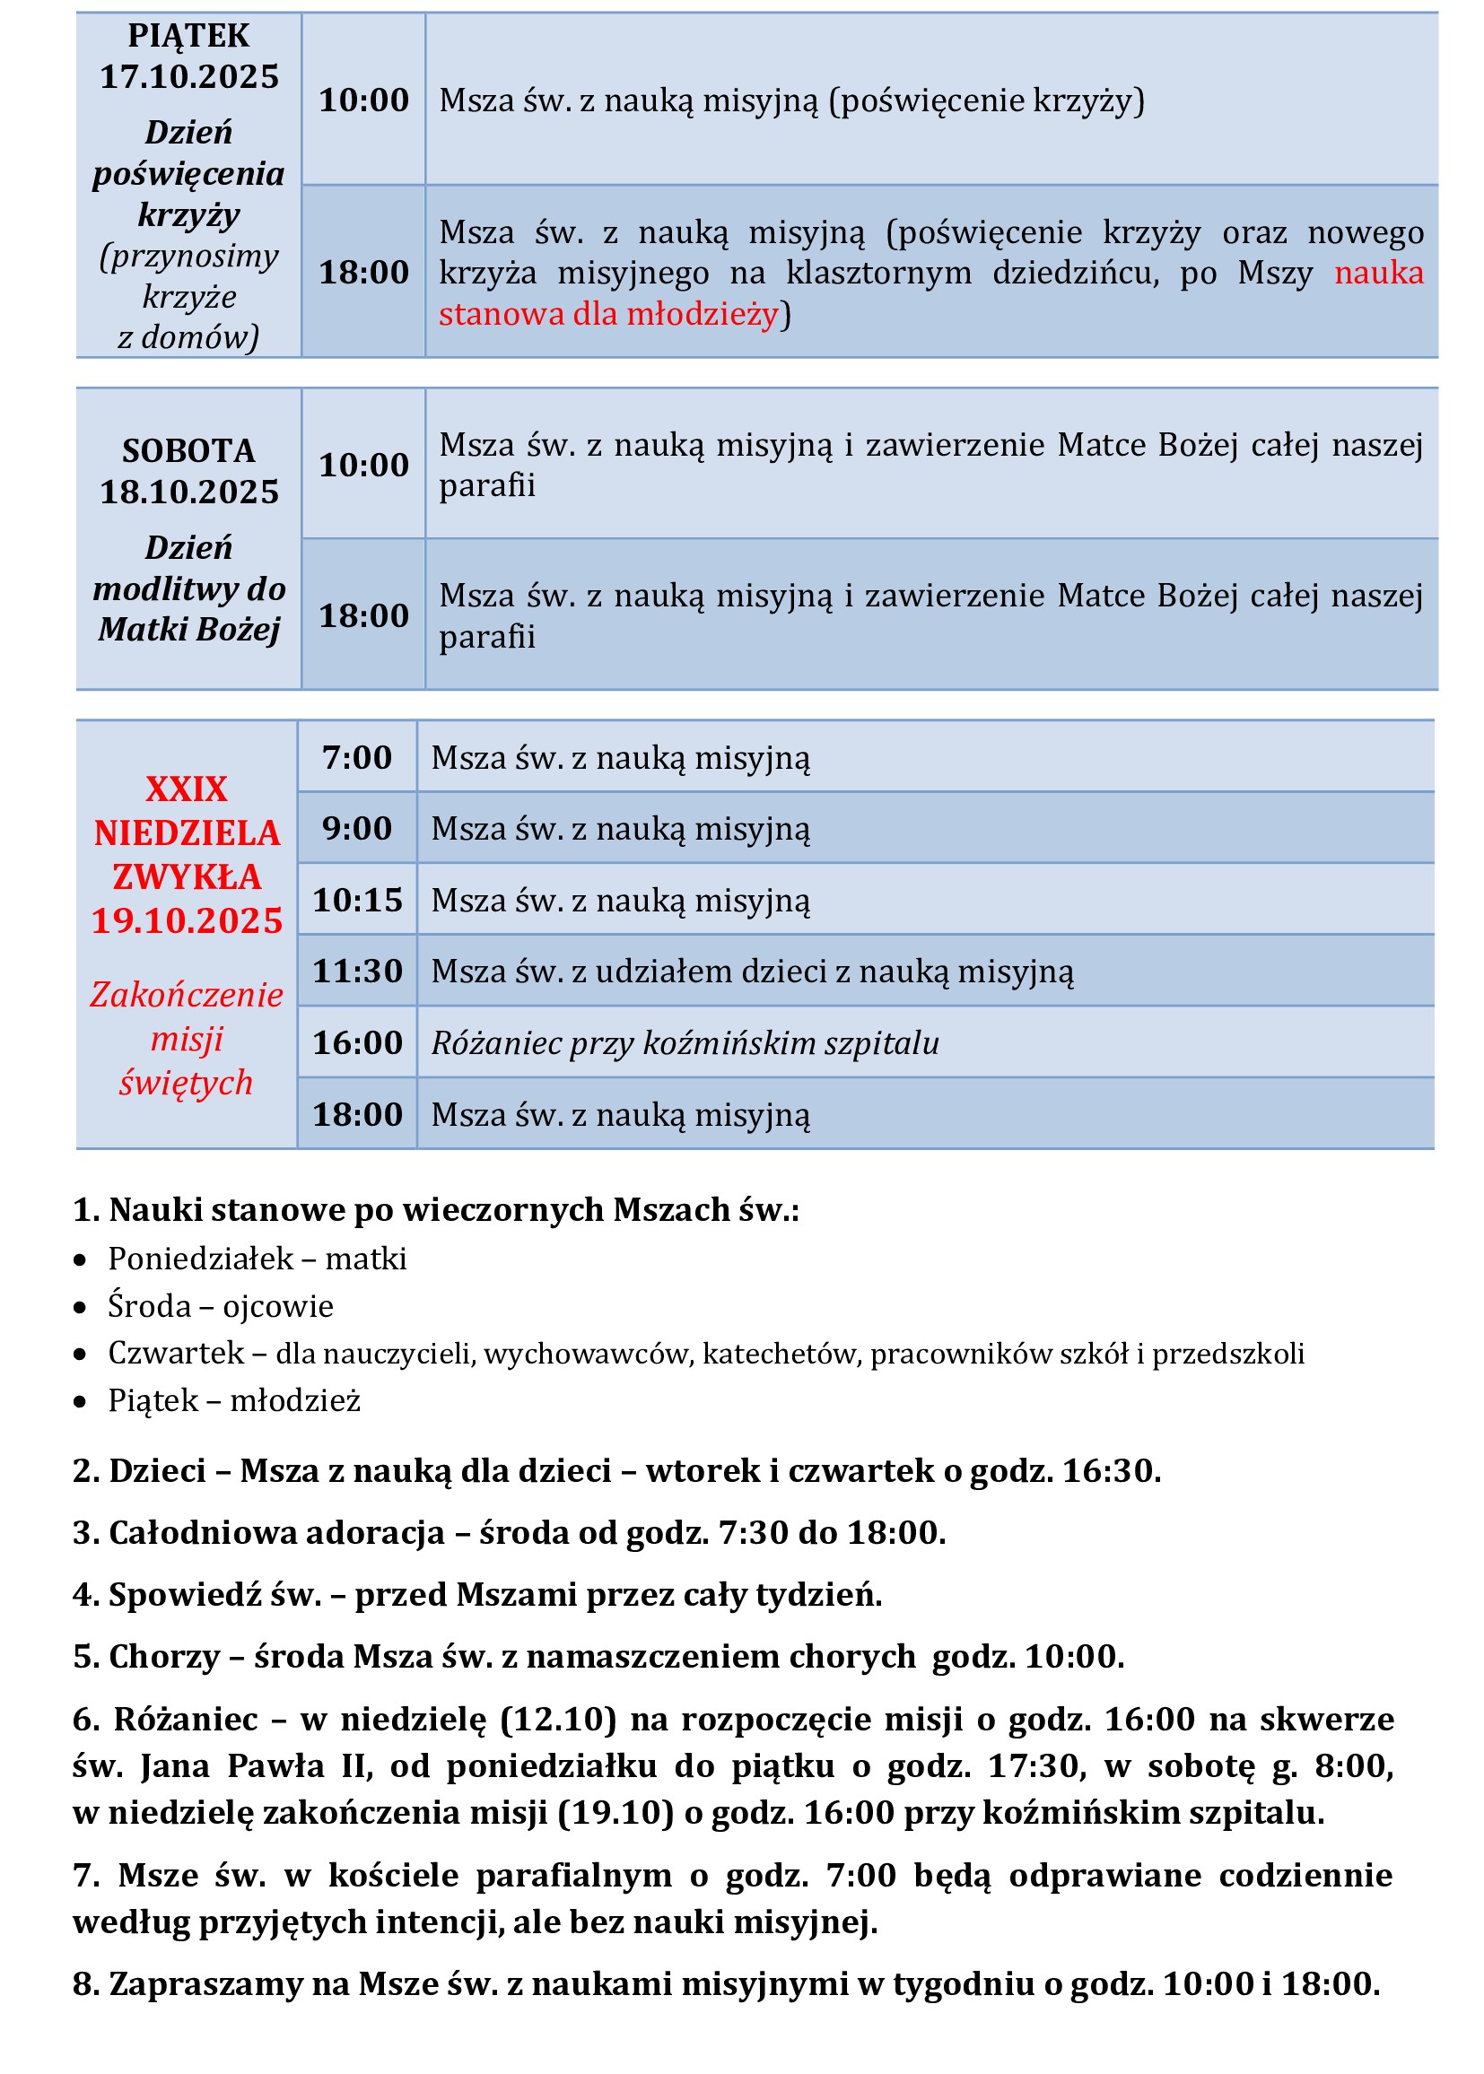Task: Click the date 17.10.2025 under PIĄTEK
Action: click(189, 77)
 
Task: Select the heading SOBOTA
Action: click(189, 450)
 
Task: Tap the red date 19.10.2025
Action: click(188, 920)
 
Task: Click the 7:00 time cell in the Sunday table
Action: click(356, 757)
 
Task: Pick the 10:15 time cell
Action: click(357, 900)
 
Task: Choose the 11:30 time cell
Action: click(357, 972)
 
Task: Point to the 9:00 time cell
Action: click(356, 829)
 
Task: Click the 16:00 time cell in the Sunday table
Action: click(357, 1042)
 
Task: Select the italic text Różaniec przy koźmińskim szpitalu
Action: click(685, 1042)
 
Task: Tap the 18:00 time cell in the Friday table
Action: click(363, 273)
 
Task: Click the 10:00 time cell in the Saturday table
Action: click(363, 465)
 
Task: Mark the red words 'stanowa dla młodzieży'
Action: click(608, 313)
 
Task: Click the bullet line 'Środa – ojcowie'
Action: click(220, 1305)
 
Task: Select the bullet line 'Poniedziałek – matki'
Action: click(257, 1258)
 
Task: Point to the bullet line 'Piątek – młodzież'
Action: click(234, 1399)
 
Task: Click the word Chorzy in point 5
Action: click(164, 1656)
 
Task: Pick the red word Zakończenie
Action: click(187, 994)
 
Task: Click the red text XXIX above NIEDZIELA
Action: click(187, 789)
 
